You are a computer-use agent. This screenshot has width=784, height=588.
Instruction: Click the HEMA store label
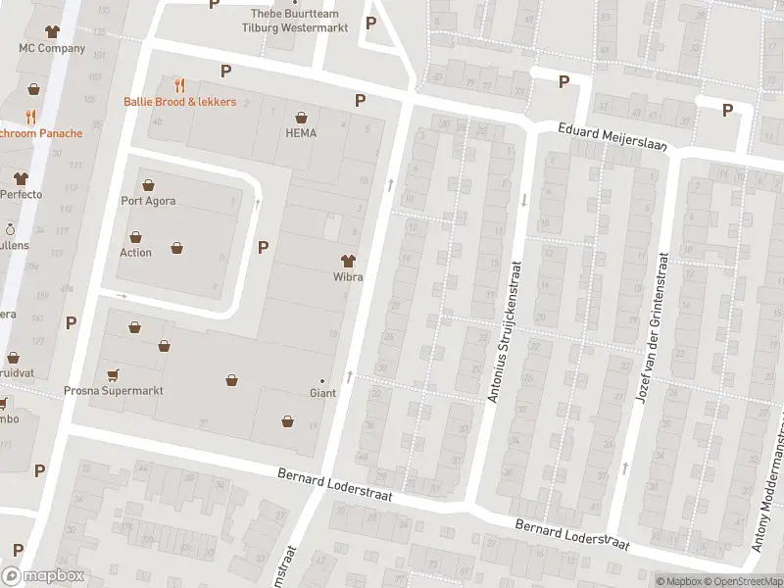click(301, 133)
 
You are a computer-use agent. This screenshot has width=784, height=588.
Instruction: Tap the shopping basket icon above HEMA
click(301, 116)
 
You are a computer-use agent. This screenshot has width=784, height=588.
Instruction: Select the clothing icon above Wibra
click(347, 260)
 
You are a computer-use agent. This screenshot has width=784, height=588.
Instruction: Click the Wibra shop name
click(347, 277)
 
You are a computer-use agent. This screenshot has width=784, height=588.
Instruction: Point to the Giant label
click(322, 393)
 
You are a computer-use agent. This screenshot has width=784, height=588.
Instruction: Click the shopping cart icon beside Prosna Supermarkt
click(113, 373)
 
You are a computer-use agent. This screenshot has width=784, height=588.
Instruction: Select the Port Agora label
click(148, 202)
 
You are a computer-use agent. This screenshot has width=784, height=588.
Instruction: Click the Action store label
click(135, 253)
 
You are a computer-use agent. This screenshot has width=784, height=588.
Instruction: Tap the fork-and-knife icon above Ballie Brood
click(179, 85)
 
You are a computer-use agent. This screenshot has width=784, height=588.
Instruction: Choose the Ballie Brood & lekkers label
click(178, 102)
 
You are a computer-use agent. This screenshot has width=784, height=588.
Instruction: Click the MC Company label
click(52, 48)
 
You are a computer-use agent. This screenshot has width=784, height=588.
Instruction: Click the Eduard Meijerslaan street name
click(612, 136)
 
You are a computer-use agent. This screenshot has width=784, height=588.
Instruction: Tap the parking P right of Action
click(263, 247)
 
